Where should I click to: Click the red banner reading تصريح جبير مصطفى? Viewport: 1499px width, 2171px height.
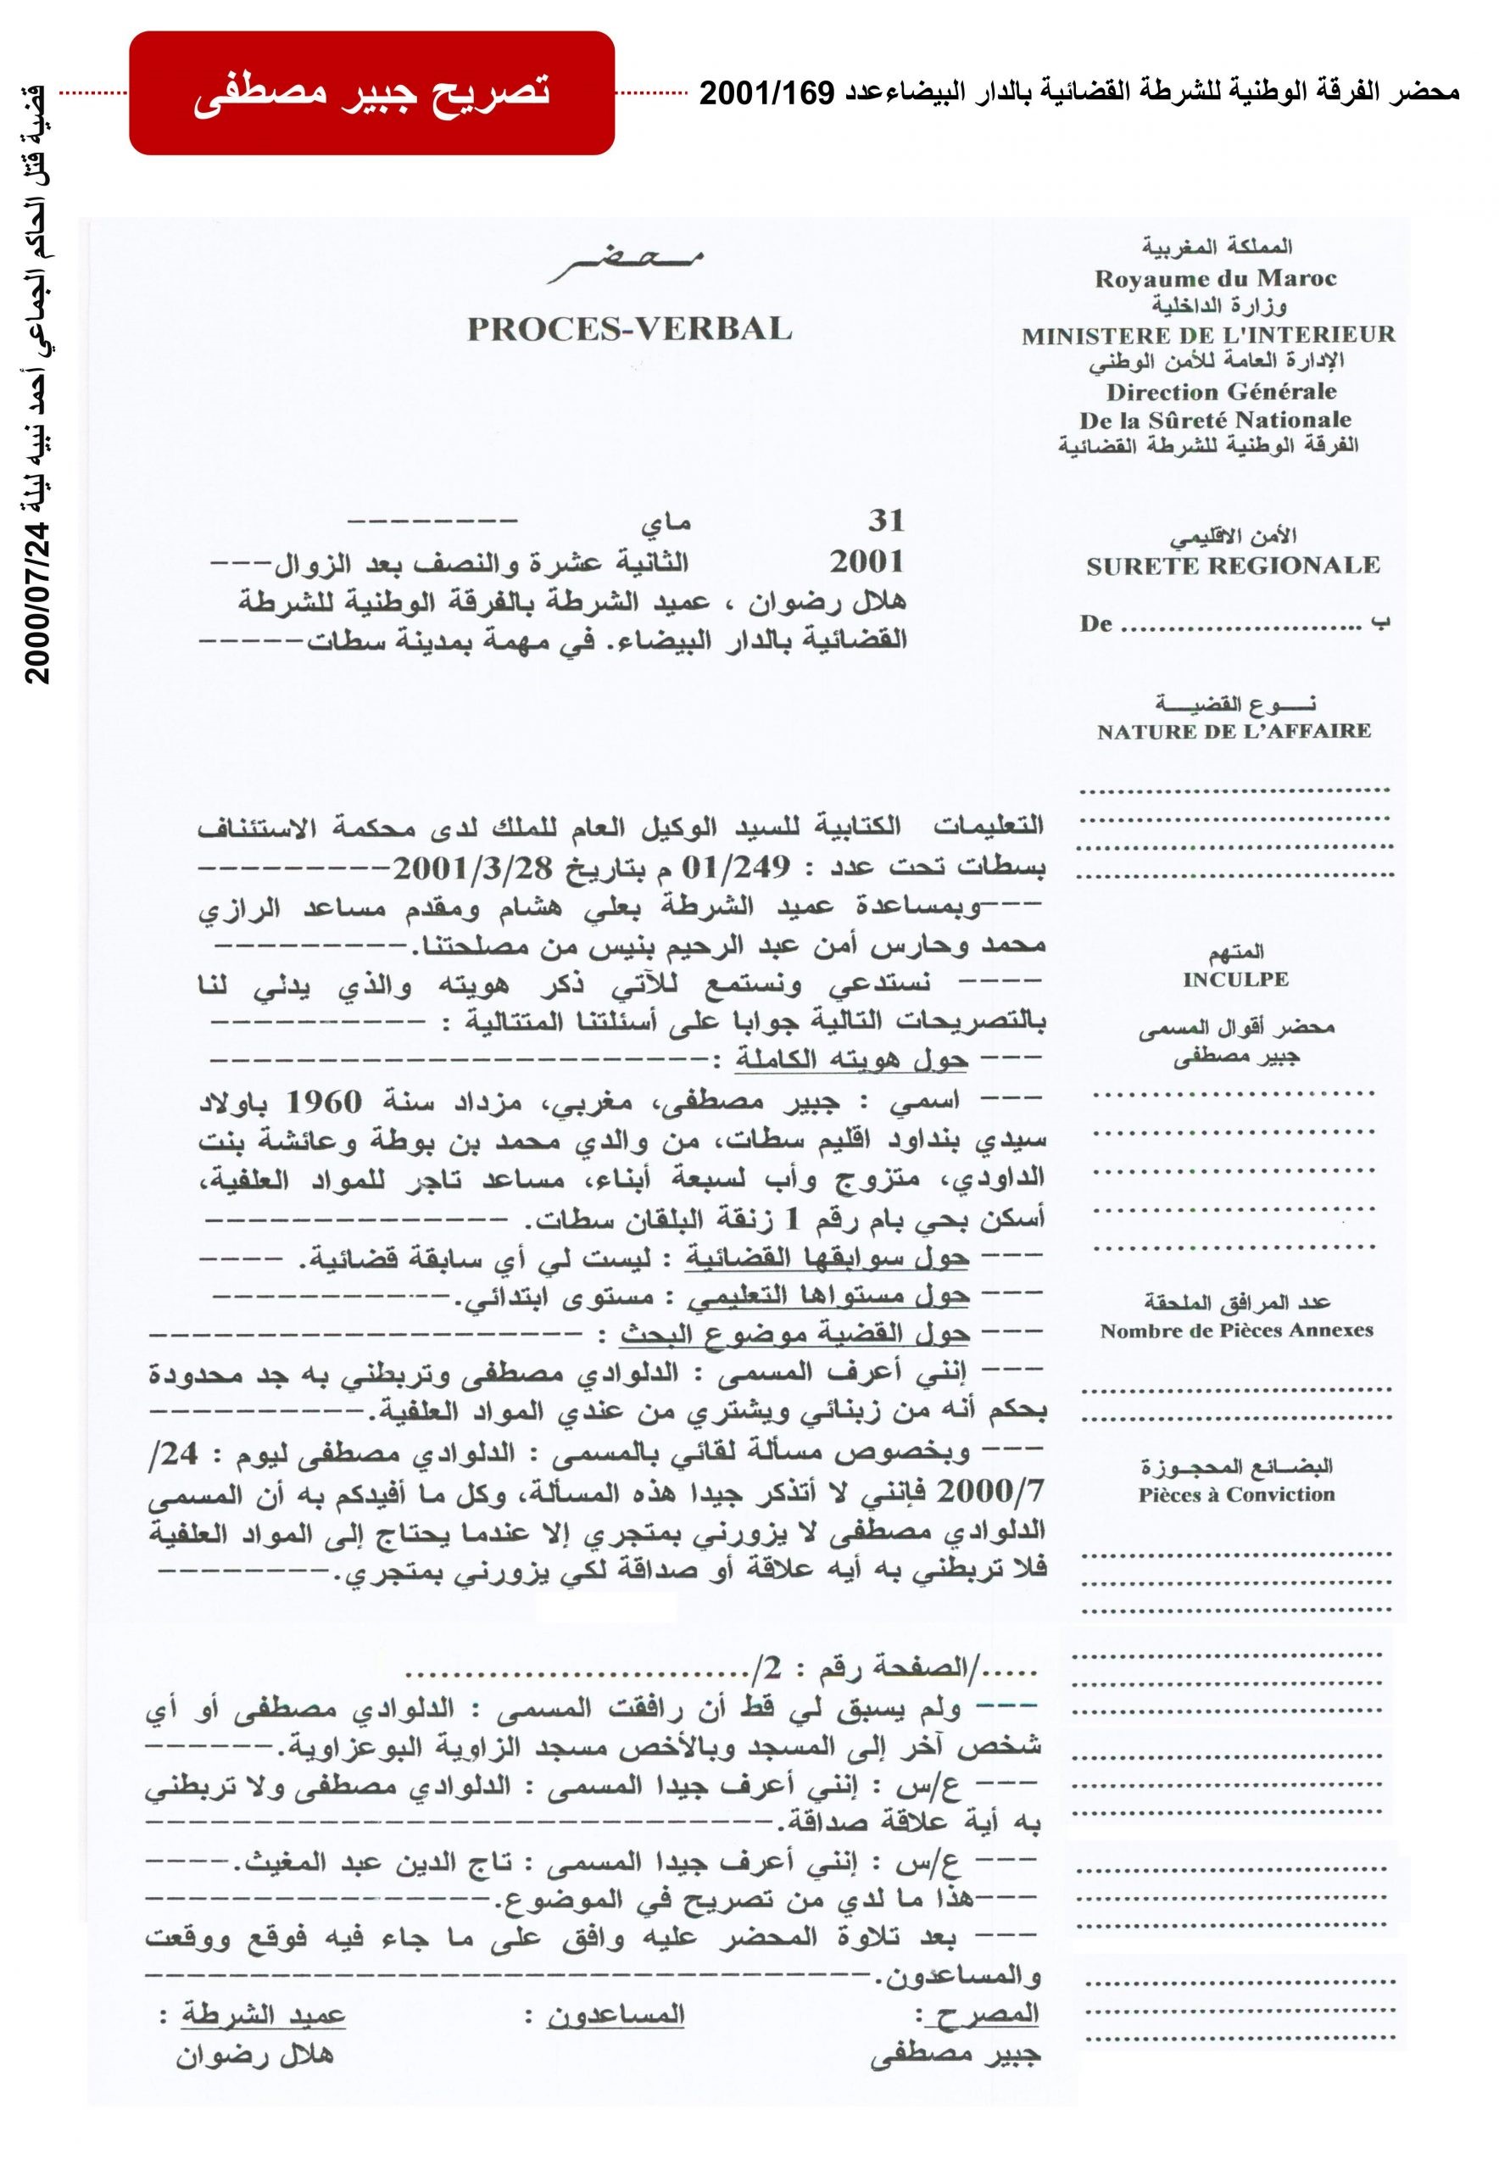click(x=371, y=93)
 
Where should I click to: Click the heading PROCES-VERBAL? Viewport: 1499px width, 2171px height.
click(x=629, y=329)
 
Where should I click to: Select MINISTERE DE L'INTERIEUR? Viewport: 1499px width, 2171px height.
click(x=1209, y=334)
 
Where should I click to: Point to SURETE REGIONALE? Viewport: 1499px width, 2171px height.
click(x=1232, y=566)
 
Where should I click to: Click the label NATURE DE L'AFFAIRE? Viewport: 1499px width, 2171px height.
click(x=1234, y=731)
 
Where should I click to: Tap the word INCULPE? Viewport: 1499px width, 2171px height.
click(x=1235, y=979)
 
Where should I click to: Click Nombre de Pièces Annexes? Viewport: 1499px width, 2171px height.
click(x=1236, y=1331)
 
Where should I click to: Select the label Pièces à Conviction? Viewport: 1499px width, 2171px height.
click(x=1236, y=1494)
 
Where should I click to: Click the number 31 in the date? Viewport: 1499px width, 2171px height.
click(x=885, y=521)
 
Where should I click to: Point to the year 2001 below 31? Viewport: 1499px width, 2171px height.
click(x=867, y=561)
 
